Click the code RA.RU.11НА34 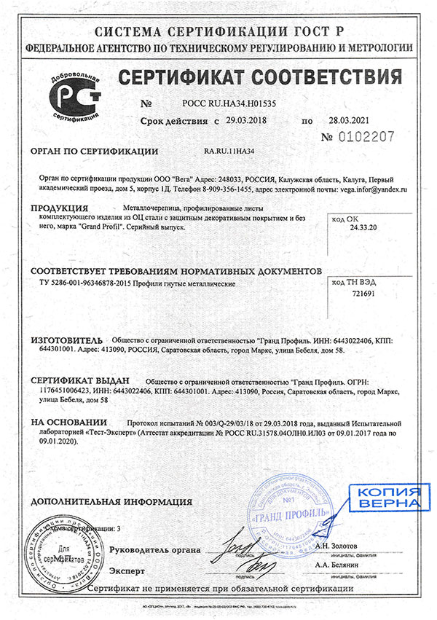233,152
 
